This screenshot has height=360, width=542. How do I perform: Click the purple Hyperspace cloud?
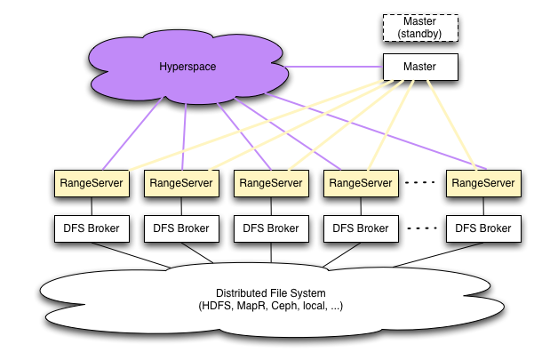(187, 68)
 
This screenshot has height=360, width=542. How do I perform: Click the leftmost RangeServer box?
(91, 183)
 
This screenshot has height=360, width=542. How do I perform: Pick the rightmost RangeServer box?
(482, 183)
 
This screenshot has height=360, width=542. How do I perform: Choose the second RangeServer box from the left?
(180, 183)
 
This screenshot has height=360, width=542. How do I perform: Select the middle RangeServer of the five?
(270, 183)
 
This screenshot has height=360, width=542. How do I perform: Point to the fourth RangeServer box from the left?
(360, 183)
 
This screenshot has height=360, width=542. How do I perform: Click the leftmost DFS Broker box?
(91, 228)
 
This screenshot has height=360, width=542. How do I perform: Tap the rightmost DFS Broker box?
(482, 228)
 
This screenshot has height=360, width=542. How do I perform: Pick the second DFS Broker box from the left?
(180, 228)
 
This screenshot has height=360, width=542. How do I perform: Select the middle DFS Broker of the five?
(270, 228)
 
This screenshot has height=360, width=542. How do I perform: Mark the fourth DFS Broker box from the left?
(360, 228)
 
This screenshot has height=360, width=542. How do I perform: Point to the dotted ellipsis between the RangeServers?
(422, 183)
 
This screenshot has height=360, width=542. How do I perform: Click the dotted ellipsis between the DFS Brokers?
(422, 228)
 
